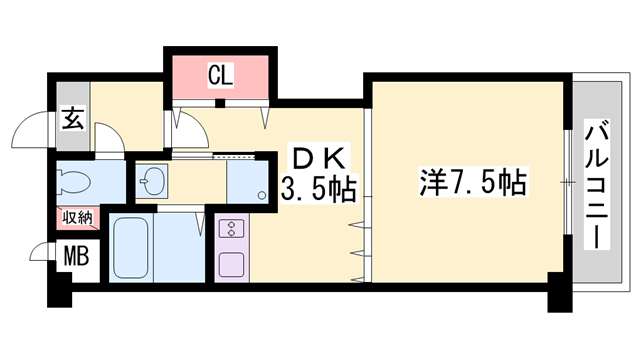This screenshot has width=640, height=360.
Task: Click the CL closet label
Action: pos(220,75)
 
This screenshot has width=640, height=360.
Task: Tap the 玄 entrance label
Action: pos(73,118)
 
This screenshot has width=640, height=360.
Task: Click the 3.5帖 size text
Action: pos(318,189)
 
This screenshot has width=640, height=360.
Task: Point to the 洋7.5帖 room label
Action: pos(472,182)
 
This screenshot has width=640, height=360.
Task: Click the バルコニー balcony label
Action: pos(597,184)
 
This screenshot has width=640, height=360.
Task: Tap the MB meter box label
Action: pos(77,257)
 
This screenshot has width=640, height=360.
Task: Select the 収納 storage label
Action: pos(78,218)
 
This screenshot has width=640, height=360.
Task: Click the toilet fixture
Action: pos(73,182)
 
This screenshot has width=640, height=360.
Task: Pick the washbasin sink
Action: pos(151,181)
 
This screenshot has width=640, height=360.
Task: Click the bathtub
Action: pos(131,248)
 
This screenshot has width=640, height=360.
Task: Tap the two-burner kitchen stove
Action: pos(231,229)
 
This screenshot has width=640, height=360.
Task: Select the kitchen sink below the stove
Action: pos(231,264)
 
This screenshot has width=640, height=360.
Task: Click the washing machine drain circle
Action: pos(262,196)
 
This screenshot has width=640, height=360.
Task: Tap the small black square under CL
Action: pos(220,103)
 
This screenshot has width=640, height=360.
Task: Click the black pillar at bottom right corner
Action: pos(560,292)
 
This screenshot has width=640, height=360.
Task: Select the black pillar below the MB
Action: pos(59,291)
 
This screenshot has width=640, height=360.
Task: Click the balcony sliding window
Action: pos(568,182)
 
